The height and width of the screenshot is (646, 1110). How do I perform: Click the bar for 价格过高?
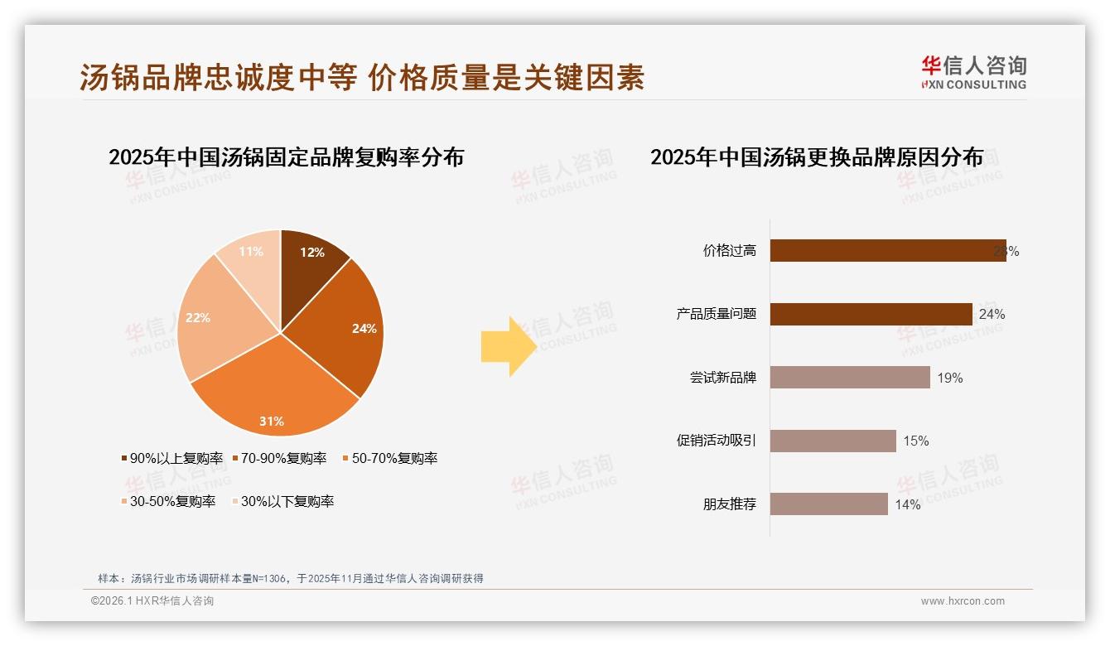tap(886, 251)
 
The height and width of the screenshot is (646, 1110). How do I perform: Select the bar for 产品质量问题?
tap(871, 314)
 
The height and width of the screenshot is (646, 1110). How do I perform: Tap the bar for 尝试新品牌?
tap(850, 378)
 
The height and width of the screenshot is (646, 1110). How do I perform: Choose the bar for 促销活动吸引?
tap(832, 441)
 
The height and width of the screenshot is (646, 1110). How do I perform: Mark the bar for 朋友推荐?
tap(828, 504)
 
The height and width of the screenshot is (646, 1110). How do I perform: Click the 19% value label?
tap(950, 378)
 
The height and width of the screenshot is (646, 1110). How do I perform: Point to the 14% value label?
tap(907, 504)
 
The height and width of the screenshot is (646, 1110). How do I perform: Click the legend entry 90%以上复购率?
tap(172, 458)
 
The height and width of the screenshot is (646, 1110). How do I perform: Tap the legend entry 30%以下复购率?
tap(282, 501)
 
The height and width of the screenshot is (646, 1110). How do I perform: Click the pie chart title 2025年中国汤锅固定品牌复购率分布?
tap(286, 157)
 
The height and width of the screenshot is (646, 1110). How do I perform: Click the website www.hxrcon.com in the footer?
tap(963, 601)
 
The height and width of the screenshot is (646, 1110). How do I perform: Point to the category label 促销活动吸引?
tap(716, 441)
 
